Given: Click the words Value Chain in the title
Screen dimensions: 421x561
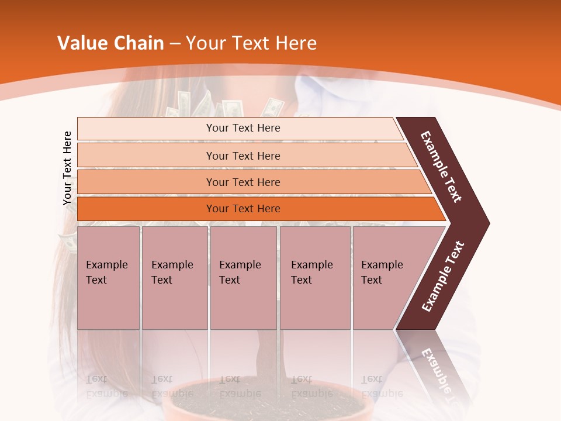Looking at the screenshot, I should click(110, 43).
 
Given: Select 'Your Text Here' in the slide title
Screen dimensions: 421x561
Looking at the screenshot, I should click(251, 43).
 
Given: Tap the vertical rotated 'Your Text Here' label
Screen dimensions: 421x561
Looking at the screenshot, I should click(68, 168).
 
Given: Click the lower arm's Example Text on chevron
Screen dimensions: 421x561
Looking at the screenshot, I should click(443, 276).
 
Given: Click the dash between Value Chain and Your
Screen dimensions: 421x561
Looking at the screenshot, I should click(175, 43).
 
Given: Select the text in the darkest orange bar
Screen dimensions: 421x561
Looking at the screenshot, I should click(243, 209).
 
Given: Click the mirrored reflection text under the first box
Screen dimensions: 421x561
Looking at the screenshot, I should click(106, 387).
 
